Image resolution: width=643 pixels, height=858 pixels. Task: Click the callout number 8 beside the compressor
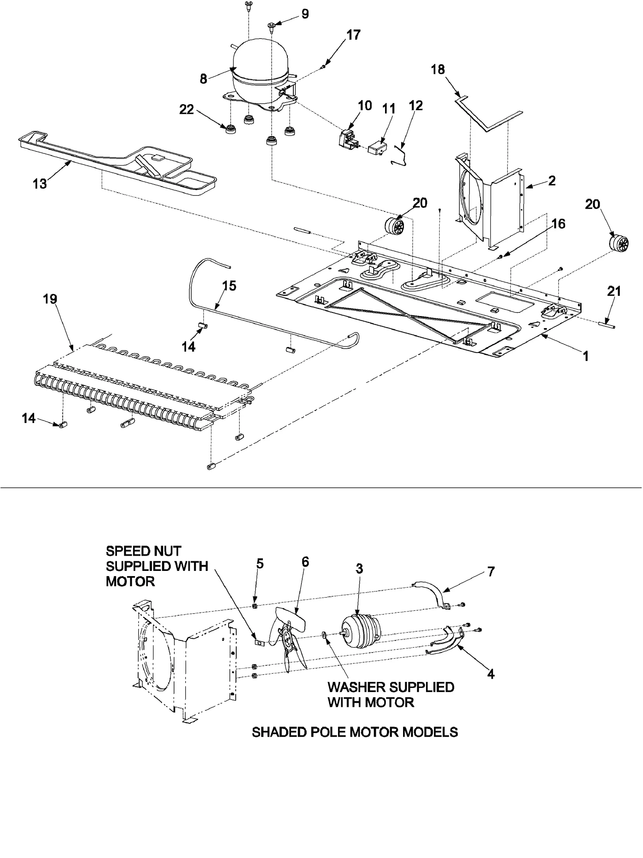tap(204, 79)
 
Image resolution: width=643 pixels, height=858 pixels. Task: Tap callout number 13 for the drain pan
tap(40, 184)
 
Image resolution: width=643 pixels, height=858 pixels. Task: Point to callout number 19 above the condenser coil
tap(50, 299)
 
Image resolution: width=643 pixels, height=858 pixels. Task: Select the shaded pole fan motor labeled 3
tap(360, 635)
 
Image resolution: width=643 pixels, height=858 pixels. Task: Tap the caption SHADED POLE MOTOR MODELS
tap(354, 732)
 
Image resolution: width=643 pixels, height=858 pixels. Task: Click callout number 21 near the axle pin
tap(614, 291)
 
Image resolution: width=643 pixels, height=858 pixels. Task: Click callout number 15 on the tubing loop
tap(229, 286)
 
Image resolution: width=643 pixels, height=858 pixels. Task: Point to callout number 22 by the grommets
tap(186, 109)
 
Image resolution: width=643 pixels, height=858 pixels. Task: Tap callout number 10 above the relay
tap(365, 106)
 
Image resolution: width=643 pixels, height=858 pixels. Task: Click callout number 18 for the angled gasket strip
tap(438, 70)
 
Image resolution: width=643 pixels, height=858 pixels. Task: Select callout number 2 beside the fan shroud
tap(552, 181)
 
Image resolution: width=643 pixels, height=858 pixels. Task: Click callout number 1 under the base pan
tap(586, 356)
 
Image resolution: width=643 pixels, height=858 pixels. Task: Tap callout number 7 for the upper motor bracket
tap(491, 571)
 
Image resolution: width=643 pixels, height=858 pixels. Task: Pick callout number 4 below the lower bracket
tap(491, 674)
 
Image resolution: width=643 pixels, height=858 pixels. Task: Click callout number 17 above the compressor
tap(354, 35)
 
